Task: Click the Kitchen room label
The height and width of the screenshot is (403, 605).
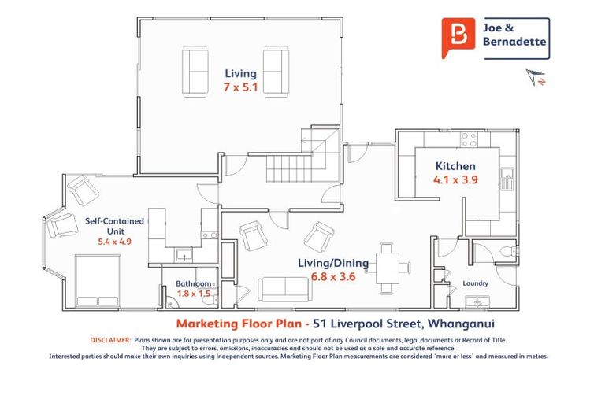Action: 455,166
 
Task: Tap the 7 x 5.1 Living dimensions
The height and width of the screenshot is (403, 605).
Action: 240,87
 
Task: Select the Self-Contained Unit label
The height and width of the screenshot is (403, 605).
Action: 114,226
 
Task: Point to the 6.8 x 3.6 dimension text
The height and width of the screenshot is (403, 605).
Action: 333,276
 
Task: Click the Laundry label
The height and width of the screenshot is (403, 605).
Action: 475,283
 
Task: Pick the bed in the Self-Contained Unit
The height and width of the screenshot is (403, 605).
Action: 98,281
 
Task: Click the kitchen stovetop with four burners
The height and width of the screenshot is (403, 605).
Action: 470,139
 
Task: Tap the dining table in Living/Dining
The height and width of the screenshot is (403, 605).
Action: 388,268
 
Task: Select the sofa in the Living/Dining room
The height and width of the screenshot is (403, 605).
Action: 285,289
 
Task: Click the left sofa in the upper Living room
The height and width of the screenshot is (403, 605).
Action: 195,72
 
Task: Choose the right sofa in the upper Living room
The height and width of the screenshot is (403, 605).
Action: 276,72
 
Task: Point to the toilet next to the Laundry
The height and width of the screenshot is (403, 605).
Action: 509,252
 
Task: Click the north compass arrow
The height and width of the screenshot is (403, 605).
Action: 536,77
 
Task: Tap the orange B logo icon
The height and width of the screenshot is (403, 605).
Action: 458,38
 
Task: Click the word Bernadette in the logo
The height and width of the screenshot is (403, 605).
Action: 514,41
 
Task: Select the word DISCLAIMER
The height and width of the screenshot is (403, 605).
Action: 111,340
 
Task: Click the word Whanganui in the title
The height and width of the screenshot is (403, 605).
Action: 462,324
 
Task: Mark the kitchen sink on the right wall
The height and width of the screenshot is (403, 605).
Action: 507,179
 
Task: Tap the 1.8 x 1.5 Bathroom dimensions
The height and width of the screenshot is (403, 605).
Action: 194,294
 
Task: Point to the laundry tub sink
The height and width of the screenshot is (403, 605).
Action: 477,301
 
